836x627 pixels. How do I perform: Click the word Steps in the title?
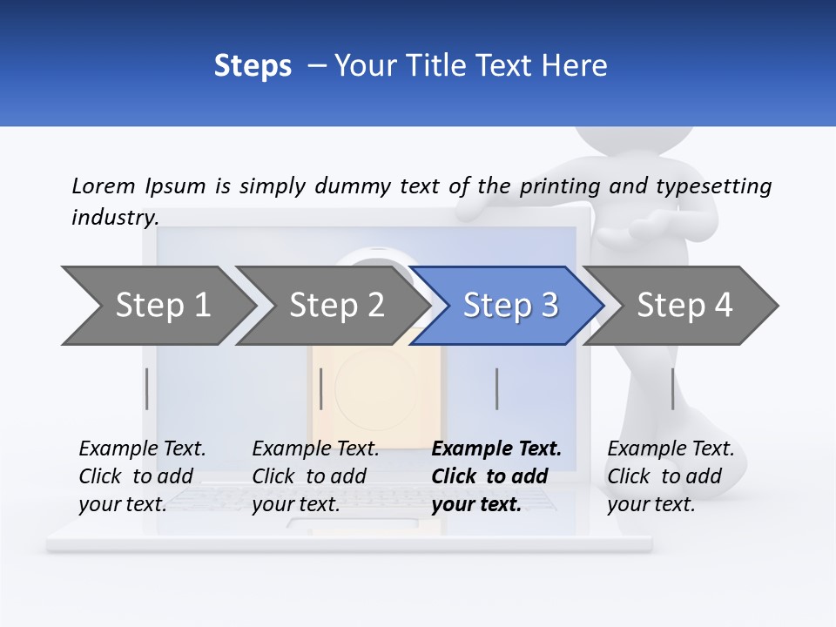click(x=253, y=66)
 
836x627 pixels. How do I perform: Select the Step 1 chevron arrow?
click(x=157, y=306)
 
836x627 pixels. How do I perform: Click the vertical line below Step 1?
click(x=147, y=388)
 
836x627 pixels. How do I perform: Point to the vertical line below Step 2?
click(x=321, y=388)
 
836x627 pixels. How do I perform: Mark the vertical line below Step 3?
click(x=497, y=388)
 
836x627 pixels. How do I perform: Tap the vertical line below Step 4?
click(x=672, y=388)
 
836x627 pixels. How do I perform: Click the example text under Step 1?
click(x=142, y=476)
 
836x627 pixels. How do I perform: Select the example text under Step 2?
click(x=315, y=476)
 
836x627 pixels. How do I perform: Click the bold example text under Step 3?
click(x=496, y=476)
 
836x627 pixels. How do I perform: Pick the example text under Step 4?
click(x=671, y=476)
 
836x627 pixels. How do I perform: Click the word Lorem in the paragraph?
click(x=104, y=185)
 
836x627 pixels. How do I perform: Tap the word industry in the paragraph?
click(x=114, y=217)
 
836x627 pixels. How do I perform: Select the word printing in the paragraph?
click(x=560, y=186)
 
